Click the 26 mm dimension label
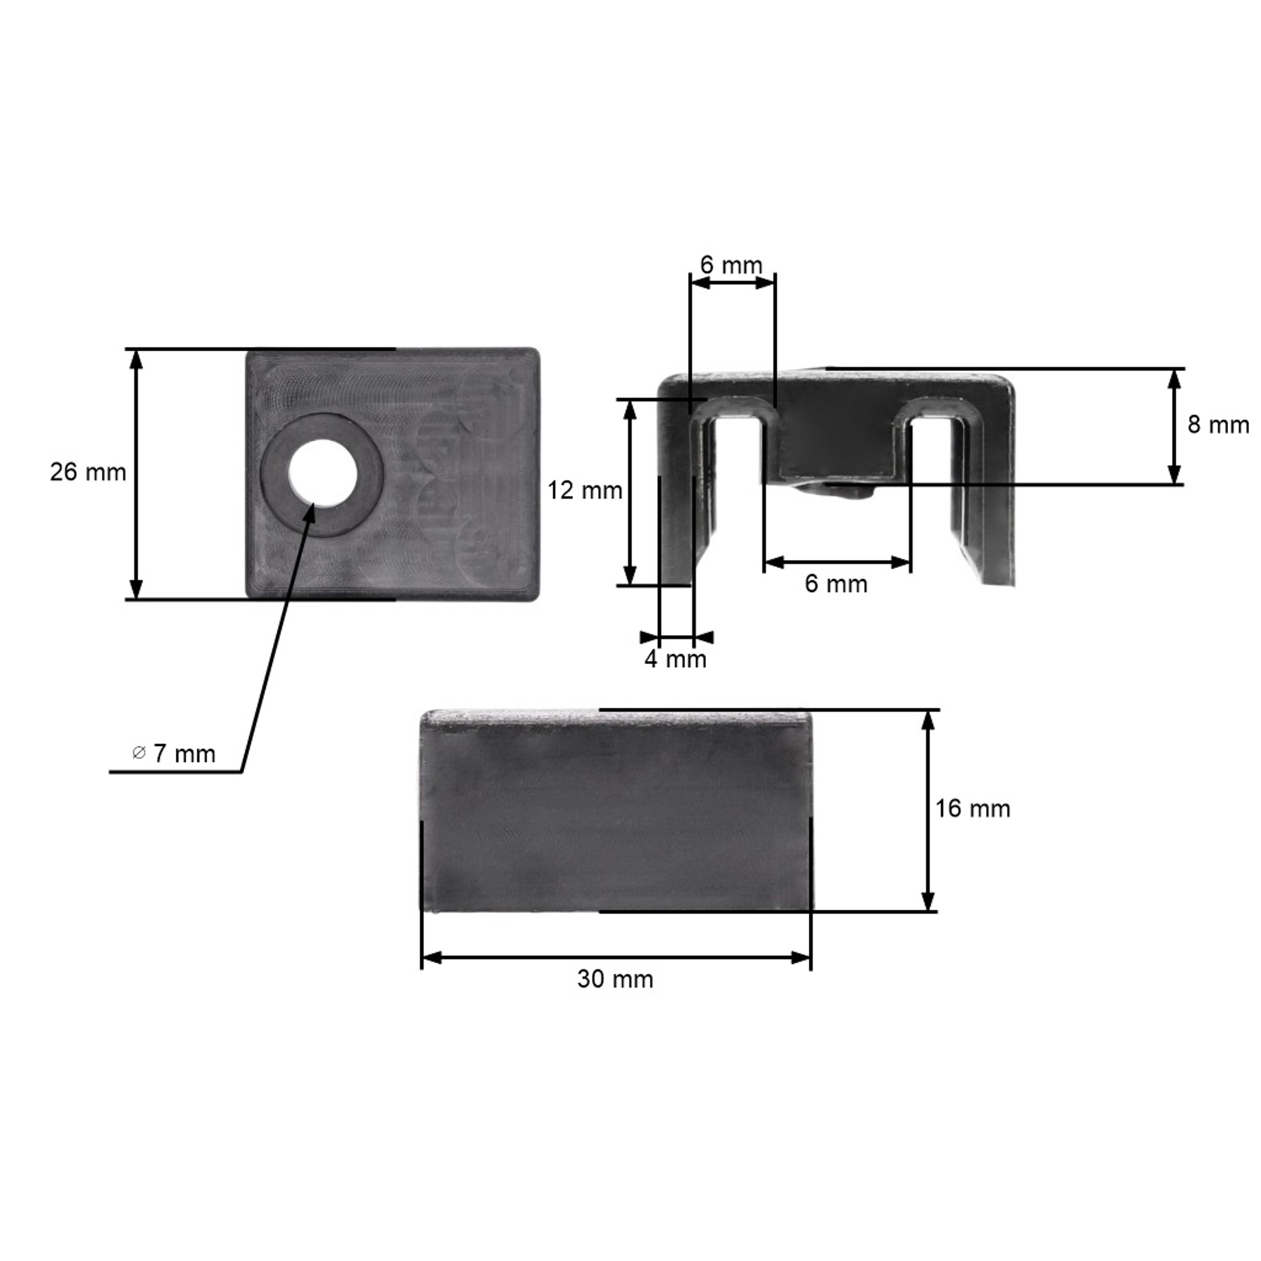[88, 472]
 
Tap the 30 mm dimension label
[615, 979]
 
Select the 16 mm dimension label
[973, 809]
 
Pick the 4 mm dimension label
[675, 659]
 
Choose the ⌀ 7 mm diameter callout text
[174, 754]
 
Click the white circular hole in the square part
[323, 474]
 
